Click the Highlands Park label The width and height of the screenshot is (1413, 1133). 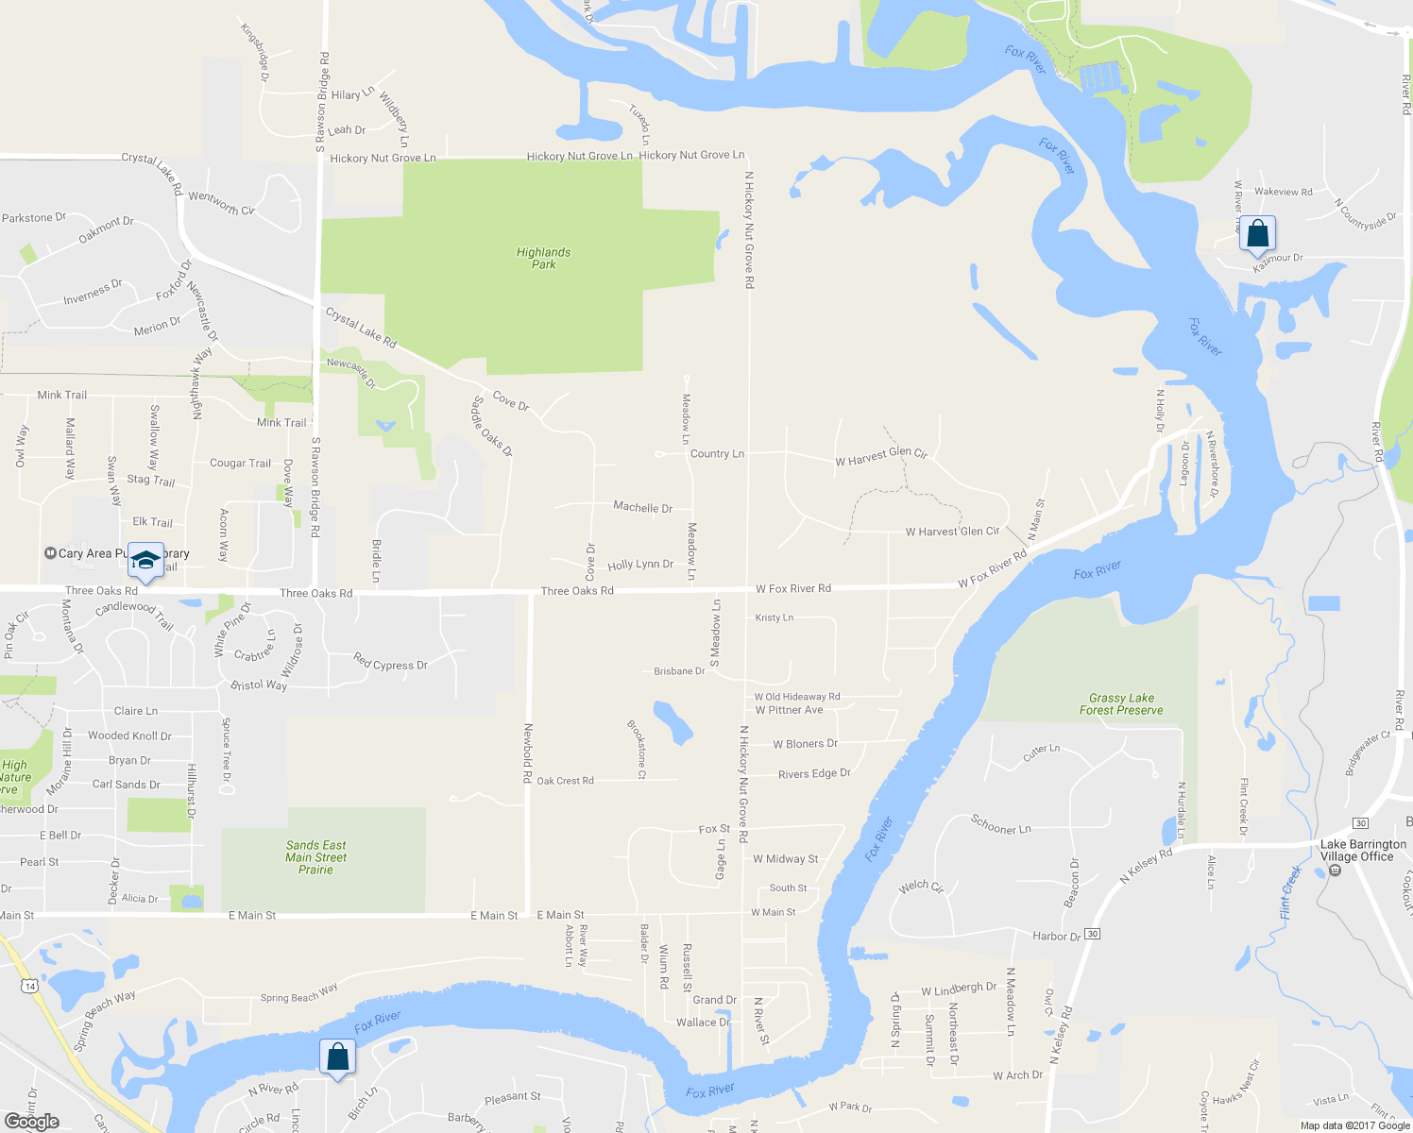pyautogui.click(x=543, y=258)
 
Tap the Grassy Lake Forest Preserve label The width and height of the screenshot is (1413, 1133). pyautogui.click(x=1121, y=704)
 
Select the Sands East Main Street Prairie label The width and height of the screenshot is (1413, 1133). pyautogui.click(x=315, y=857)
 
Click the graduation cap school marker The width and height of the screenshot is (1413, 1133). pyautogui.click(x=145, y=561)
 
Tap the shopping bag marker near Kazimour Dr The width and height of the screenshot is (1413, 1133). pyautogui.click(x=1257, y=233)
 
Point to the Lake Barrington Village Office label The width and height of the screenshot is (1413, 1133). pyautogui.click(x=1362, y=851)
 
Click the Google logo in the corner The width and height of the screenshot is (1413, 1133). pyautogui.click(x=32, y=1121)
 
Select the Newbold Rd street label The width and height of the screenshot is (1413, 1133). pyautogui.click(x=528, y=753)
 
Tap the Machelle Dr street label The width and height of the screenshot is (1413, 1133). pyautogui.click(x=642, y=507)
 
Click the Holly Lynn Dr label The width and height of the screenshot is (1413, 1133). pyautogui.click(x=640, y=565)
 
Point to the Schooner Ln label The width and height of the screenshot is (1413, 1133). pyautogui.click(x=1000, y=824)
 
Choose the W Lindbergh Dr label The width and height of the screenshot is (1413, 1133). pyautogui.click(x=959, y=989)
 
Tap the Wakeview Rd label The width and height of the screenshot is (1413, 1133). pyautogui.click(x=1283, y=192)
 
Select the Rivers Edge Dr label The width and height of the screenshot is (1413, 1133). pyautogui.click(x=814, y=773)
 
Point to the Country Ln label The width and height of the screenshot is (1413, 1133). pyautogui.click(x=717, y=454)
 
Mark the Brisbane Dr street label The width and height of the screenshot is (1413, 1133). pyautogui.click(x=679, y=671)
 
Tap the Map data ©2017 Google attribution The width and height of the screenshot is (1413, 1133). pyautogui.click(x=1354, y=1125)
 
